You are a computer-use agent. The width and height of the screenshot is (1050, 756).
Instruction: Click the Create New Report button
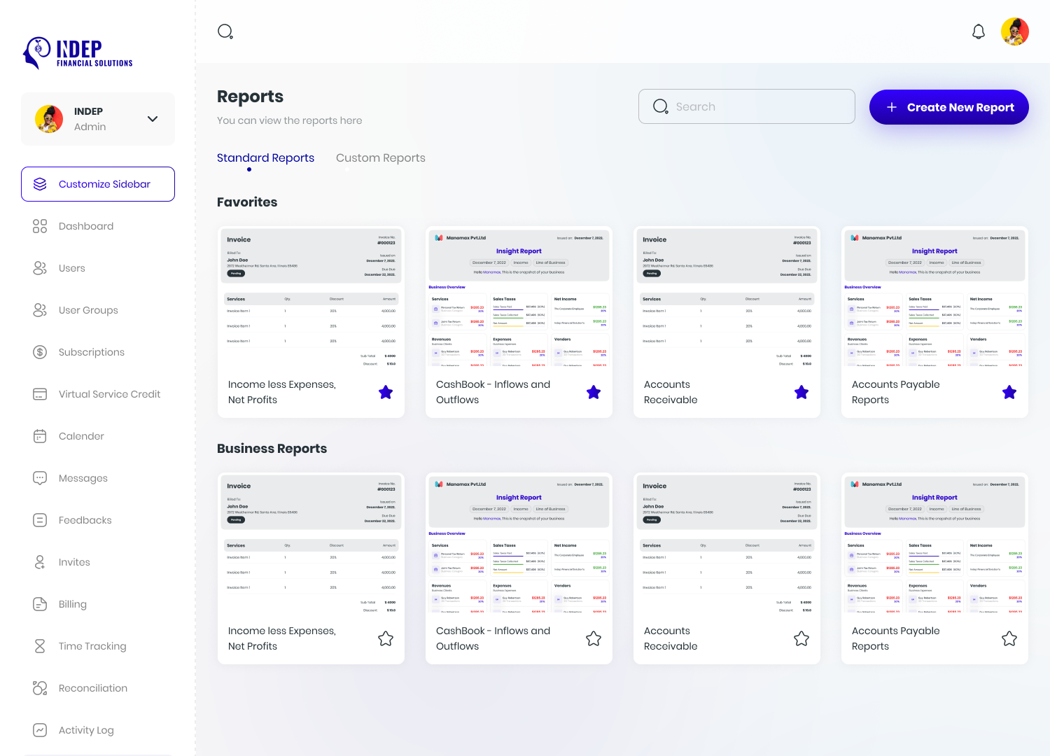tap(948, 107)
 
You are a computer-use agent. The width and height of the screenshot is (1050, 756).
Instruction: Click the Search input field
tap(746, 106)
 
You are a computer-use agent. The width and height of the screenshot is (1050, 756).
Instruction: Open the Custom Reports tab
tap(380, 158)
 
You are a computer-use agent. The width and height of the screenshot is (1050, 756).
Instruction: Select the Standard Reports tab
tap(265, 158)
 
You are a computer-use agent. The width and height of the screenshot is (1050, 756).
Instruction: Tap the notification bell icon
tap(979, 31)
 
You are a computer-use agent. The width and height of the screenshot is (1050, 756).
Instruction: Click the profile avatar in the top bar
tap(1014, 31)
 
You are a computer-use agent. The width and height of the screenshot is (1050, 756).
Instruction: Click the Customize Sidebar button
tap(98, 184)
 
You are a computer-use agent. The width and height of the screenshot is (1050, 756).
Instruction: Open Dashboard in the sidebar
tap(85, 226)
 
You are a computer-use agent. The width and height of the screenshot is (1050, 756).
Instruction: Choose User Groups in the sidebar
tap(88, 310)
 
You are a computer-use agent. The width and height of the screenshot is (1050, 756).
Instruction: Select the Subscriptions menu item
tap(91, 352)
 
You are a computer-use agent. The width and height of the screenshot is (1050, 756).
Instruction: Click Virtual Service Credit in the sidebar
tap(109, 394)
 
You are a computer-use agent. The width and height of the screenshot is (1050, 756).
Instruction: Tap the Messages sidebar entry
tap(83, 478)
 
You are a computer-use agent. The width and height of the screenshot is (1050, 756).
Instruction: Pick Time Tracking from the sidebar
tap(92, 646)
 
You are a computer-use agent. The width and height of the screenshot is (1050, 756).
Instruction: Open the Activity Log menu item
tap(86, 730)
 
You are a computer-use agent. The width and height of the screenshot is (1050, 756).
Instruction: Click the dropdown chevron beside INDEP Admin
tap(153, 119)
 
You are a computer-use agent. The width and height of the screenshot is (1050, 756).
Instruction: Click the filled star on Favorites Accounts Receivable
tap(801, 393)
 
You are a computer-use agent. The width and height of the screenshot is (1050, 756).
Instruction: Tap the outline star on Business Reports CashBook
tap(594, 638)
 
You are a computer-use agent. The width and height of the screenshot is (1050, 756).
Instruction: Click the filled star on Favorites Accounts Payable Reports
tap(1009, 393)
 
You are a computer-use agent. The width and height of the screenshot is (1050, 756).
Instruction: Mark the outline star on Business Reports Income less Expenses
tap(386, 638)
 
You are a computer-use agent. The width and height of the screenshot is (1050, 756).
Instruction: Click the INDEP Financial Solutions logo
tap(78, 53)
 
